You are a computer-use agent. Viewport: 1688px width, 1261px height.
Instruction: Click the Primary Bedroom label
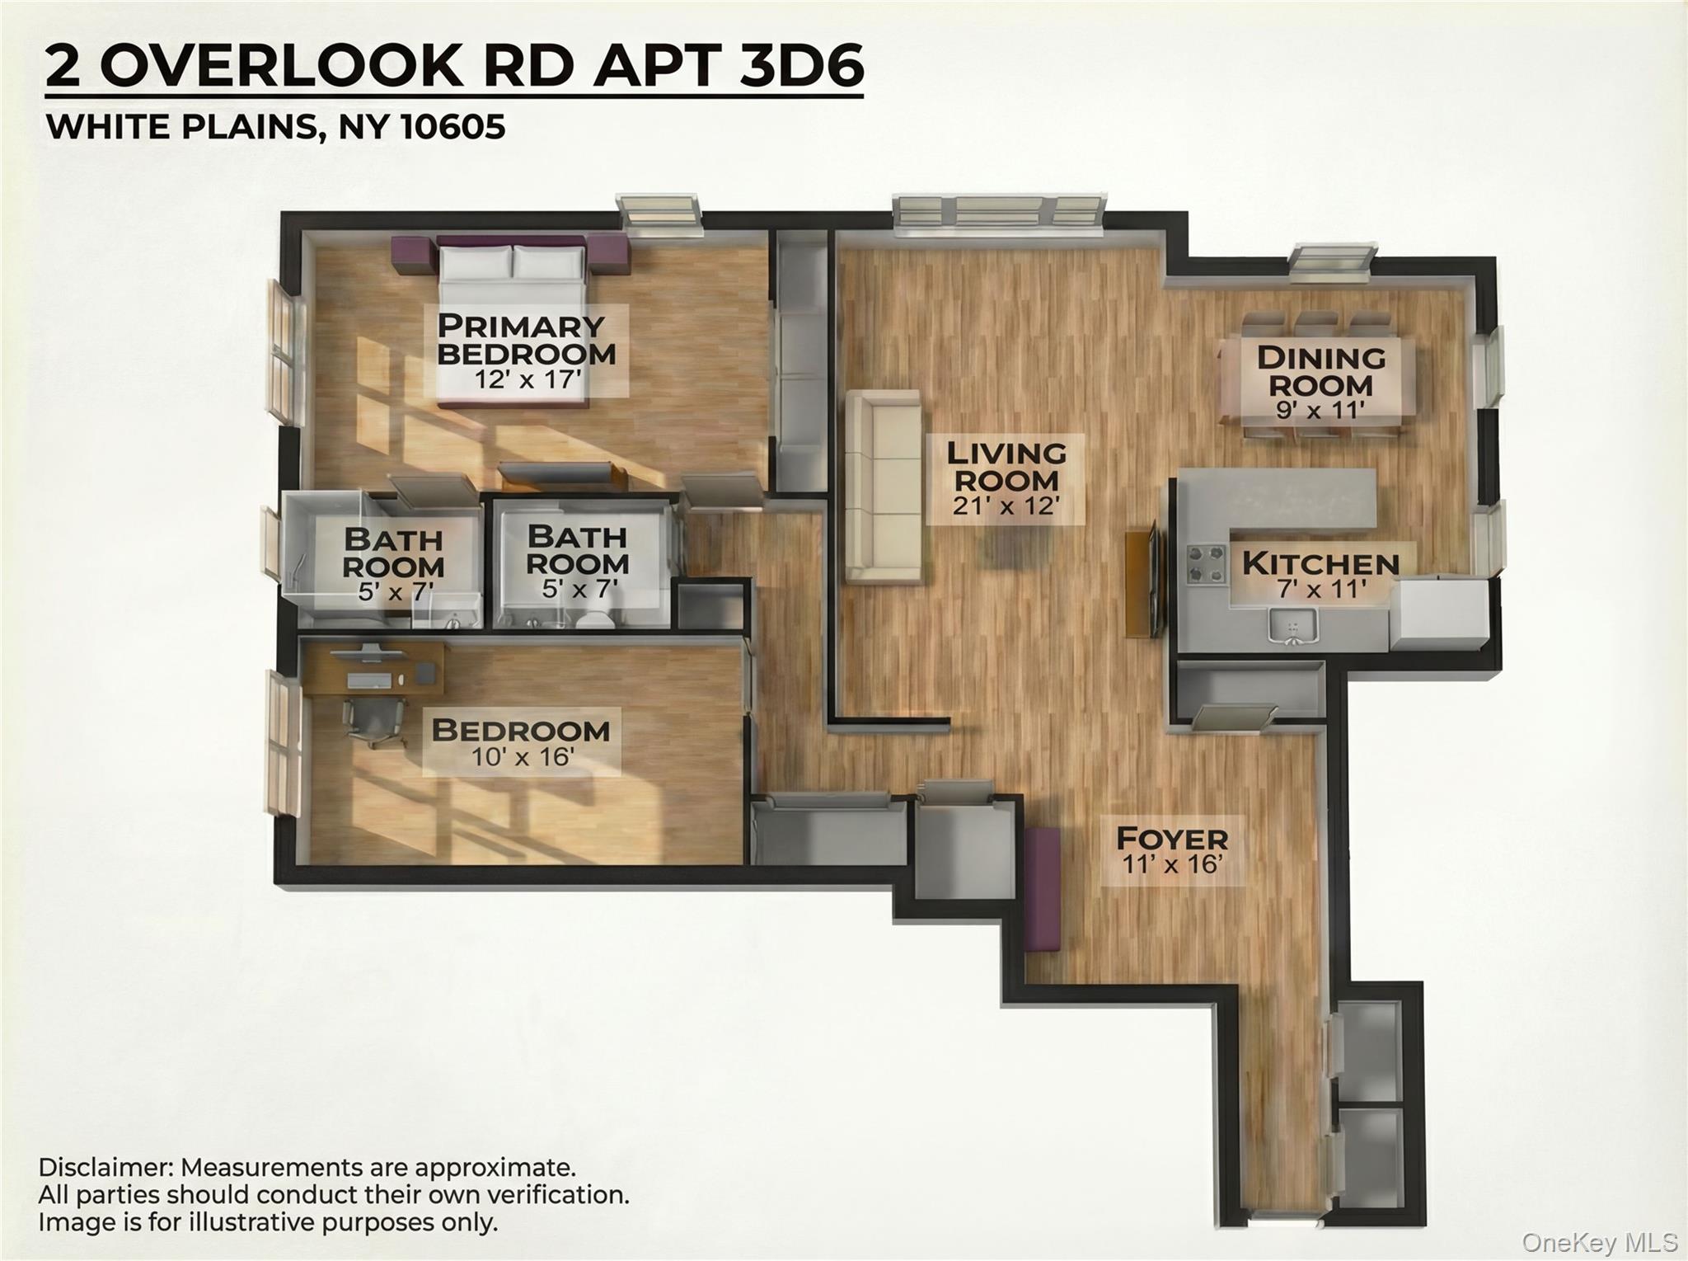point(526,339)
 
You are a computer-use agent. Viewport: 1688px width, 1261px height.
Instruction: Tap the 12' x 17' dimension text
point(527,380)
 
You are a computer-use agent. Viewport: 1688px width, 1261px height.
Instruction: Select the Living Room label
point(1006,466)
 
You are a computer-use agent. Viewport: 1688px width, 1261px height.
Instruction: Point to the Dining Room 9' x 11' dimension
point(1320,410)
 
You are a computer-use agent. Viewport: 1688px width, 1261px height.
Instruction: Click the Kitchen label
point(1320,564)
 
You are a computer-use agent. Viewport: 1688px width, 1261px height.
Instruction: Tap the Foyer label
point(1171,839)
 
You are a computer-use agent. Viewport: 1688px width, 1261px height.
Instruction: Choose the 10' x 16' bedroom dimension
point(522,757)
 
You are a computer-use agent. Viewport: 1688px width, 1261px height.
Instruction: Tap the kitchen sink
point(1292,624)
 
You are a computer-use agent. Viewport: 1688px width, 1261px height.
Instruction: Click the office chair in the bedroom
point(375,721)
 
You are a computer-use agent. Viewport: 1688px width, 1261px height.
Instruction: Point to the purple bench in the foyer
point(1043,889)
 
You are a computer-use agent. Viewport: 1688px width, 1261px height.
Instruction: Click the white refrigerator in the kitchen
point(1438,610)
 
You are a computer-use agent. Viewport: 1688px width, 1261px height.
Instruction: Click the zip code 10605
point(452,127)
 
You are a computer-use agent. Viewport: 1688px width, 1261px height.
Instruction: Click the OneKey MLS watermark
point(1599,1242)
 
